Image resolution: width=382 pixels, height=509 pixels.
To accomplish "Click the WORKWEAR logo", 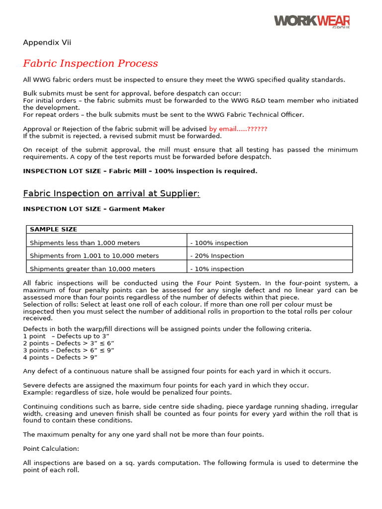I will coord(311,21).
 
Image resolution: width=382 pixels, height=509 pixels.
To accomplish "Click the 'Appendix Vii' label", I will coord(47,43).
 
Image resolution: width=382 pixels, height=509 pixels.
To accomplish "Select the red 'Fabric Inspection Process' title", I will coord(91,64).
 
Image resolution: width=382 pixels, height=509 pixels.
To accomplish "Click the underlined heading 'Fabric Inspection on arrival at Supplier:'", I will coord(111,193).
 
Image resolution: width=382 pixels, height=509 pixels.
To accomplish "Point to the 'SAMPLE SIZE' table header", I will coord(53,229).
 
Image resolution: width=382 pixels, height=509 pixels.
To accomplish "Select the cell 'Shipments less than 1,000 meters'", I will coord(85,243).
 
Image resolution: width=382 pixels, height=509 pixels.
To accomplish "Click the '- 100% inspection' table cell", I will coord(219,243).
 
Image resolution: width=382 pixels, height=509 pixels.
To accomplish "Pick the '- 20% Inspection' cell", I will coord(217,255).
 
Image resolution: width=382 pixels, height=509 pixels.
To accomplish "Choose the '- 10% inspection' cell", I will coord(217,268).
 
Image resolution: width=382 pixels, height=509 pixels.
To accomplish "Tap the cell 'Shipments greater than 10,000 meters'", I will coord(93,268).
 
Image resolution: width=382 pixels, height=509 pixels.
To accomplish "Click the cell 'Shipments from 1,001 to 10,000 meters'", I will coord(95,255).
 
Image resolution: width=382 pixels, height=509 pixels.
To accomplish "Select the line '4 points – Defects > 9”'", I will coord(60,357).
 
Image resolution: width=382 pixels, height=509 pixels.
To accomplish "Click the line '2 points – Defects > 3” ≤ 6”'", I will coord(69,343).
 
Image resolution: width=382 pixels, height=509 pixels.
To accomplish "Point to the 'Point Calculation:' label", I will coord(51,448).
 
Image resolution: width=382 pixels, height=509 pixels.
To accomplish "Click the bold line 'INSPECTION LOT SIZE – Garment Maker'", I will coord(94,209).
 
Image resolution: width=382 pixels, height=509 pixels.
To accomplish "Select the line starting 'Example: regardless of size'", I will coord(127,392).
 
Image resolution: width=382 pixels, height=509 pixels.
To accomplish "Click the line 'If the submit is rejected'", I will coord(122,136).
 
